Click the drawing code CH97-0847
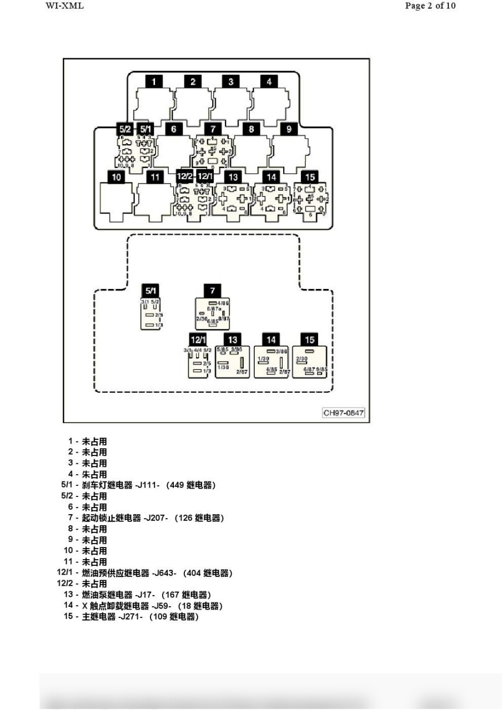pos(344,413)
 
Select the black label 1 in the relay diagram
pos(154,82)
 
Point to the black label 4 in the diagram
pos(269,82)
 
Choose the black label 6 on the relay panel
pos(174,129)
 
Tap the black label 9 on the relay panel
pos(289,129)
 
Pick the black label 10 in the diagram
pos(117,177)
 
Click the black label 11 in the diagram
pos(154,177)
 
